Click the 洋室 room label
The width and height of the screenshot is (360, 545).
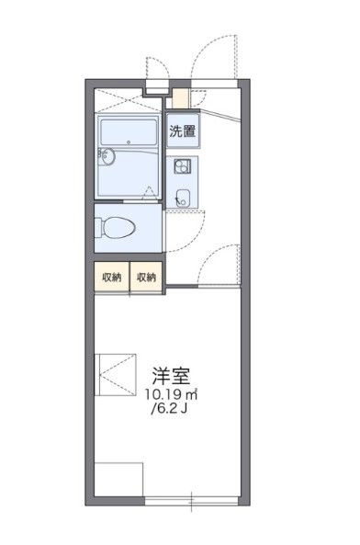tap(172, 376)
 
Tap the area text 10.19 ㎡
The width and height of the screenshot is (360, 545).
tap(173, 395)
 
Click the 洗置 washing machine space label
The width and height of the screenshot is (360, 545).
tap(181, 130)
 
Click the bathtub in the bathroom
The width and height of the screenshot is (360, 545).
tap(129, 132)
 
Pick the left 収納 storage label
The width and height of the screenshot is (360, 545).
tap(112, 278)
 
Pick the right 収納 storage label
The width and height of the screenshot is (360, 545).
tap(146, 278)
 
